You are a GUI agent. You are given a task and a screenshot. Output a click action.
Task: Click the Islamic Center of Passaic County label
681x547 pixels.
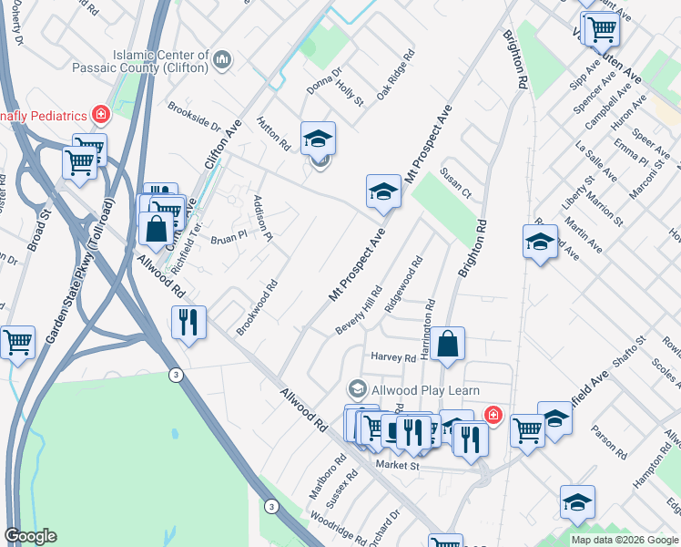[162, 61]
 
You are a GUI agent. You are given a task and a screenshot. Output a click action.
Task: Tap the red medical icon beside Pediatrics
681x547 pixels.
[100, 115]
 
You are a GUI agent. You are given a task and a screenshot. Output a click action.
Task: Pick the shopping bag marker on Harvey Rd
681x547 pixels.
[448, 345]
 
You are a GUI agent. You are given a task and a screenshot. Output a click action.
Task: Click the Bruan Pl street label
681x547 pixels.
[229, 239]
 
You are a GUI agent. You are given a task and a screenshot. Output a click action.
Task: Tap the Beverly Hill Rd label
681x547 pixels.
[358, 309]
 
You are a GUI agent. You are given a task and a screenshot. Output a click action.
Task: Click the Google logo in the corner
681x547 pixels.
[30, 536]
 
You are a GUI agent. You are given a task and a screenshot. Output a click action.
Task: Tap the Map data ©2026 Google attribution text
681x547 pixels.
[625, 540]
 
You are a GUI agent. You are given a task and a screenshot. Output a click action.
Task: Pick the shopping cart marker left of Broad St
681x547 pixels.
[17, 343]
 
